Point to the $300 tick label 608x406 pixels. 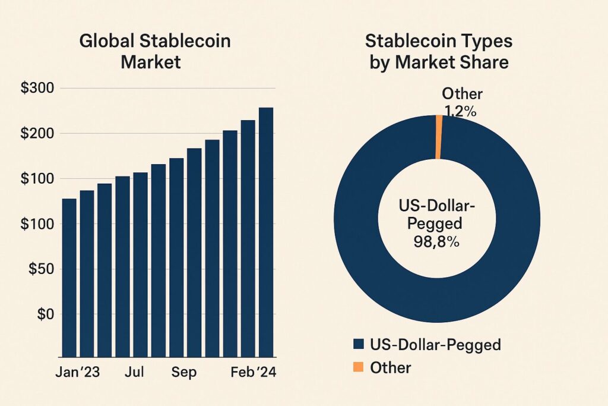37,88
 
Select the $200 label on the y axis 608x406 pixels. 37,133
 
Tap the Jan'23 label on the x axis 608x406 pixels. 77,373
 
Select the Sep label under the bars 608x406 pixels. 185,373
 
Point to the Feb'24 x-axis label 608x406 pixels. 253,373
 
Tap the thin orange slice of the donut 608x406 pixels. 439,137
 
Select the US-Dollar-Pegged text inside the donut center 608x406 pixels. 436,215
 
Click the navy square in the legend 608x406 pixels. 357,344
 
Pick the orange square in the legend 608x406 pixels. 357,367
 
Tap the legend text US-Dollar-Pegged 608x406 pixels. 435,344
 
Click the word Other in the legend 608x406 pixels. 390,367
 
